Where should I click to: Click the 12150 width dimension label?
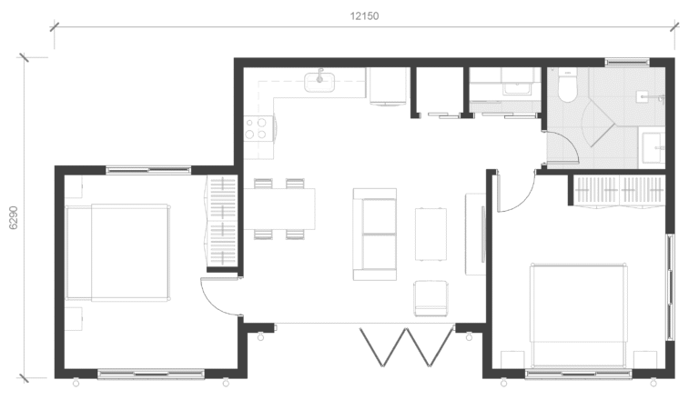tap(364, 16)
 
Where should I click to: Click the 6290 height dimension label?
tap(14, 217)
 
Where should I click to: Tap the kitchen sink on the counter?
tap(319, 83)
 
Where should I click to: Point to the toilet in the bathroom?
tap(568, 85)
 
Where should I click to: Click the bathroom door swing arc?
tap(571, 142)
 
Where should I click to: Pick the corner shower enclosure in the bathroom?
tap(600, 124)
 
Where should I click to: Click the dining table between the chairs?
tap(279, 209)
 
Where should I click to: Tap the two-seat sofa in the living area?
tap(374, 235)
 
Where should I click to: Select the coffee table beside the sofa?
tap(431, 234)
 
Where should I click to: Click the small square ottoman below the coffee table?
tap(431, 298)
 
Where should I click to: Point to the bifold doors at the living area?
tap(407, 347)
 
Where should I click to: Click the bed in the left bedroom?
tap(117, 253)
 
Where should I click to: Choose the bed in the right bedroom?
tap(579, 316)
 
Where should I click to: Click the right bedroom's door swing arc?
tap(521, 197)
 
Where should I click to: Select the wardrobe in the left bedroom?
tap(221, 221)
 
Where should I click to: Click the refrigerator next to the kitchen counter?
tap(389, 86)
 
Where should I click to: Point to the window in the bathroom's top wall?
tap(627, 62)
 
